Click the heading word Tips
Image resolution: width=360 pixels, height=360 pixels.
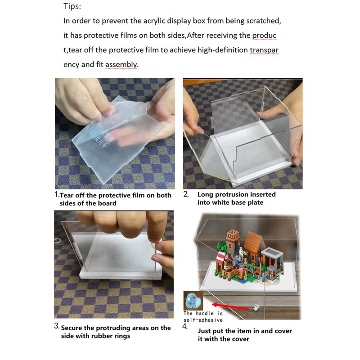click(x=72, y=6)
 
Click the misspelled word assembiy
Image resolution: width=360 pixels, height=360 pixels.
click(x=121, y=64)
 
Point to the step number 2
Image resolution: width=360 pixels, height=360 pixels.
click(x=186, y=194)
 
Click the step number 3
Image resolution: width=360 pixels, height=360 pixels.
click(x=57, y=326)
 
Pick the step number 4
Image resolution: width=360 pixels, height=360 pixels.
click(x=185, y=326)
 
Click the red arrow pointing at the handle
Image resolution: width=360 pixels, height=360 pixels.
click(x=230, y=306)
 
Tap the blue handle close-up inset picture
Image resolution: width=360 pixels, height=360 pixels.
click(x=193, y=301)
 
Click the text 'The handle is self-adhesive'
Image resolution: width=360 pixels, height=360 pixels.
click(x=203, y=317)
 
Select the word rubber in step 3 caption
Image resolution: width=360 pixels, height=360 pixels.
click(x=101, y=336)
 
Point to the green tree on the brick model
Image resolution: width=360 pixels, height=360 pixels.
click(x=221, y=246)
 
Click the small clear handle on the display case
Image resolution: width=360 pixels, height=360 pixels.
click(x=256, y=306)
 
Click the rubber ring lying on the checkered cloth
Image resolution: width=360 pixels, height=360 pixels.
click(x=58, y=241)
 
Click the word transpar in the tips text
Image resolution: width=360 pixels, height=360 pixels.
click(x=264, y=50)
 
